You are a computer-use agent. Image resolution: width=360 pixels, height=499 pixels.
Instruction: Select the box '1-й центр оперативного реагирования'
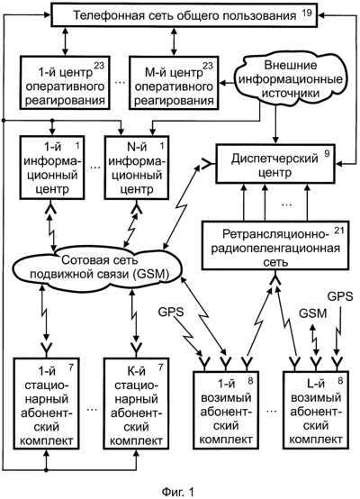point(65,83)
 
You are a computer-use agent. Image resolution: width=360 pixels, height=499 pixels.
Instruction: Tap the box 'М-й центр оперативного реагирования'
point(174,83)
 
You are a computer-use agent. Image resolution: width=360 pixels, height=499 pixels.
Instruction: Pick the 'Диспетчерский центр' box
point(275,164)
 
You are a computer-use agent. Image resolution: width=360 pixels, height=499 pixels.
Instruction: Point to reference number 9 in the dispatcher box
point(327,153)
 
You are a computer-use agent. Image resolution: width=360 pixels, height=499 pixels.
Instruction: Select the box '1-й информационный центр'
point(52,168)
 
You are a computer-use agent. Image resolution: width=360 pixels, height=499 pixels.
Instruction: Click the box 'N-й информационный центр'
point(137,168)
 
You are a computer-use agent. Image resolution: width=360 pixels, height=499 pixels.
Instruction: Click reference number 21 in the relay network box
point(339,231)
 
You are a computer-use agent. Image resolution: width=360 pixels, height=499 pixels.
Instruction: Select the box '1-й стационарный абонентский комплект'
point(47,404)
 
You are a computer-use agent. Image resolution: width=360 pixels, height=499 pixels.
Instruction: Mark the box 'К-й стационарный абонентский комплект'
point(137,404)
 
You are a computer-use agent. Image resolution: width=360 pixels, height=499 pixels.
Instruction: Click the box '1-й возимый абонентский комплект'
point(226,410)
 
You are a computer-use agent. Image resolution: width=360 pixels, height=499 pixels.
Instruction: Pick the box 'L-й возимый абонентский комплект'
point(316,410)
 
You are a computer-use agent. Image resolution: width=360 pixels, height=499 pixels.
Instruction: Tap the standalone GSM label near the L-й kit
point(312,313)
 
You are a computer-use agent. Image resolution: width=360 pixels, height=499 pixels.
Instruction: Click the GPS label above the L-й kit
point(340,296)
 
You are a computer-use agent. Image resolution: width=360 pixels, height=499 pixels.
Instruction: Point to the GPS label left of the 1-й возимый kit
point(171,312)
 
